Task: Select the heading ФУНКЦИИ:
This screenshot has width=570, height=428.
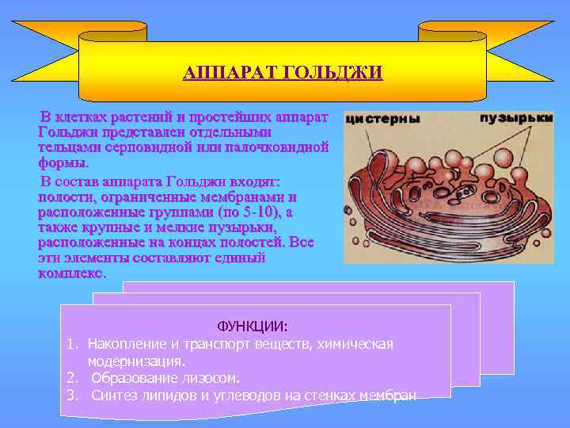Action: [x=253, y=327]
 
